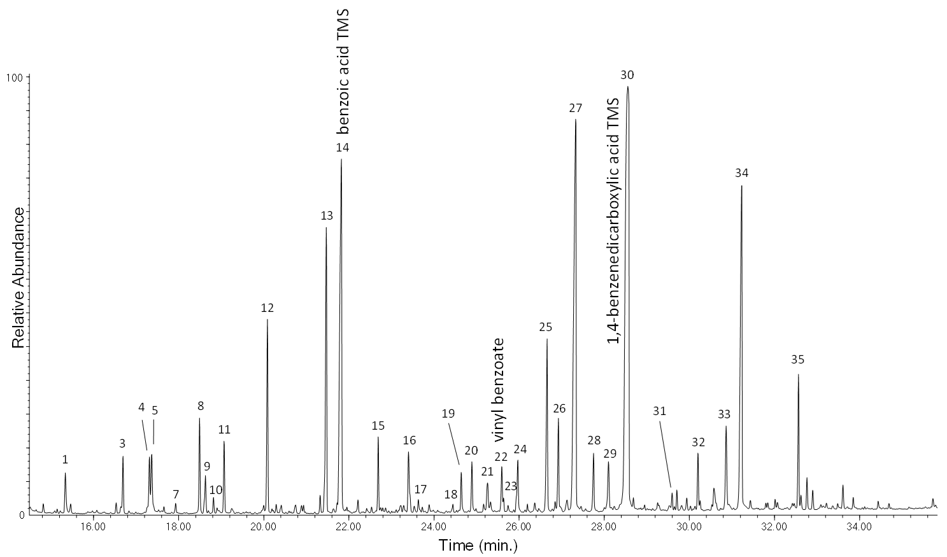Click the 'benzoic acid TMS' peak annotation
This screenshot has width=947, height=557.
[x=343, y=71]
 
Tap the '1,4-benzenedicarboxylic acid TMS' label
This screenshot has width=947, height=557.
[x=613, y=222]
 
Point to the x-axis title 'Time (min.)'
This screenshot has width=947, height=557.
[x=478, y=546]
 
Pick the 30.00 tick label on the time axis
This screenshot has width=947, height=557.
[x=689, y=527]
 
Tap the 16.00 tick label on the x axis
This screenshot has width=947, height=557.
[x=93, y=527]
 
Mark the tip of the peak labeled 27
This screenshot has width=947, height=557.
[x=576, y=120]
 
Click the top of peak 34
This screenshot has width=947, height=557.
[x=741, y=186]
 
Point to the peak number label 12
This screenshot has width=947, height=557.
[x=267, y=308]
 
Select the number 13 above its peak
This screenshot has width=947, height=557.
[x=327, y=216]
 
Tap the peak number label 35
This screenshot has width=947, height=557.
[x=797, y=360]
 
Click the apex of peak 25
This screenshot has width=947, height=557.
[x=546, y=339]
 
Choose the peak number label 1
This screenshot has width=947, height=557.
[x=65, y=459]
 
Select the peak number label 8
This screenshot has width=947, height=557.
[x=200, y=405]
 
